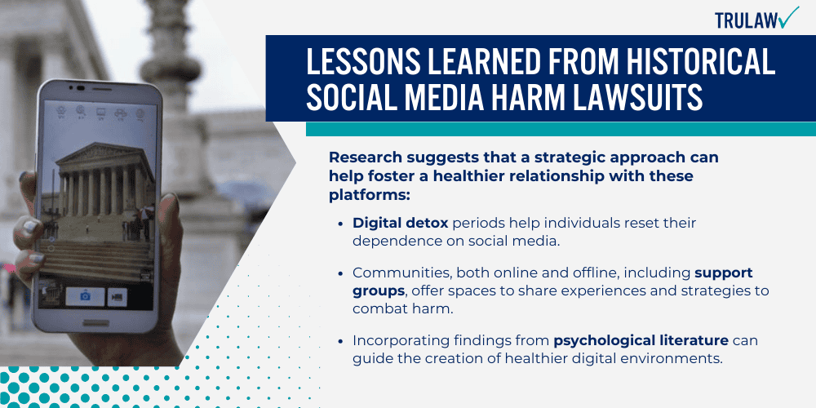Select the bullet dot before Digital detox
[x=340, y=223]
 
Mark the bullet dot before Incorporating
[x=340, y=342]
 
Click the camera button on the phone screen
[x=85, y=296]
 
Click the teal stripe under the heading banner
[x=560, y=129]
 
